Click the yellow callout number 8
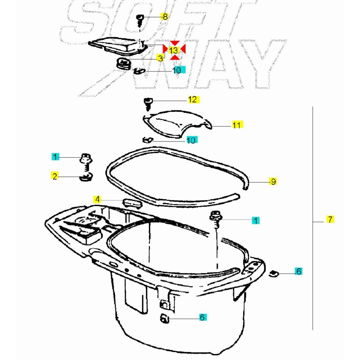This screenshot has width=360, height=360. point(165,17)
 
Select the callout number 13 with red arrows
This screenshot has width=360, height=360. point(174,50)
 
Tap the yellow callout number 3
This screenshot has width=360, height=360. point(160,58)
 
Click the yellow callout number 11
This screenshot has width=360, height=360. point(237,125)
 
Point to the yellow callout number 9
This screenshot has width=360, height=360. point(273,182)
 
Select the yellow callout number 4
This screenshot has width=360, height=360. point(98,199)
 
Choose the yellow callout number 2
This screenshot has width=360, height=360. point(55,176)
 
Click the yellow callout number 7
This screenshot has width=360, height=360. point(330,219)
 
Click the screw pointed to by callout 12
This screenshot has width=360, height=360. point(148,104)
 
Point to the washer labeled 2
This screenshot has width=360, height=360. point(86,177)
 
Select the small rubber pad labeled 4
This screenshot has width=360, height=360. point(133,203)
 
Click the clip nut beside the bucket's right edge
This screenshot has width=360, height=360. point(274,274)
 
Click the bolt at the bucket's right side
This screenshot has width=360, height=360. point(216,219)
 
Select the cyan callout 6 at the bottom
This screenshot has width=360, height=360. point(202,317)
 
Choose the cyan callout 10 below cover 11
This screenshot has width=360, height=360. point(192,140)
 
